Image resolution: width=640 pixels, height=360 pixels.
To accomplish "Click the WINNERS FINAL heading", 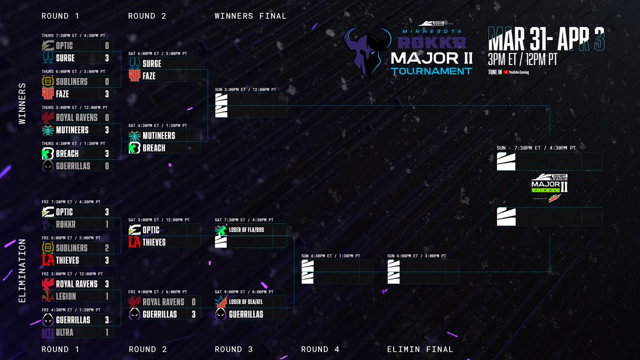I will click(x=250, y=16).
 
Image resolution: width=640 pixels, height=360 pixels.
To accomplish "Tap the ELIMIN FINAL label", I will click(x=420, y=349).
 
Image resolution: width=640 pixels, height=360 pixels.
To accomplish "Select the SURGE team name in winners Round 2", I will click(x=152, y=63).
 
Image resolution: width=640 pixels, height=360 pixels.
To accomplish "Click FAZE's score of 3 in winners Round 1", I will click(x=107, y=94).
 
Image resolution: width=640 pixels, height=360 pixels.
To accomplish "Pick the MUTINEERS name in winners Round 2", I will click(x=159, y=135).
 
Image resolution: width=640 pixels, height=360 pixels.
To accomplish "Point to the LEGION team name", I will click(x=66, y=297).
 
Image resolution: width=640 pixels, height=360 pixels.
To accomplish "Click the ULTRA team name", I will click(x=65, y=332).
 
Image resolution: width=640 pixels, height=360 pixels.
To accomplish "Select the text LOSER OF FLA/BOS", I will click(x=246, y=230).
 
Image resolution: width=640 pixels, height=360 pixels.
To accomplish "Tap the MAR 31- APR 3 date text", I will click(x=549, y=39).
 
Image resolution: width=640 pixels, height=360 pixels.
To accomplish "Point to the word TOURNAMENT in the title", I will click(x=431, y=71).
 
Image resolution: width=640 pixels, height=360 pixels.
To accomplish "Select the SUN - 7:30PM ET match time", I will click(x=535, y=148).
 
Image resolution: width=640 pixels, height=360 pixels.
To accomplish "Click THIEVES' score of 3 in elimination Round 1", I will click(x=107, y=260).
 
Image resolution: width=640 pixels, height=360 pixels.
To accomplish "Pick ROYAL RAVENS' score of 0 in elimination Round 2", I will click(x=193, y=302).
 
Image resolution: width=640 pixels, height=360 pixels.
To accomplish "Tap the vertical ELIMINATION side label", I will click(x=22, y=270).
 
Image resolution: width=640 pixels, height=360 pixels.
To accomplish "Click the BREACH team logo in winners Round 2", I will click(x=134, y=148).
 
